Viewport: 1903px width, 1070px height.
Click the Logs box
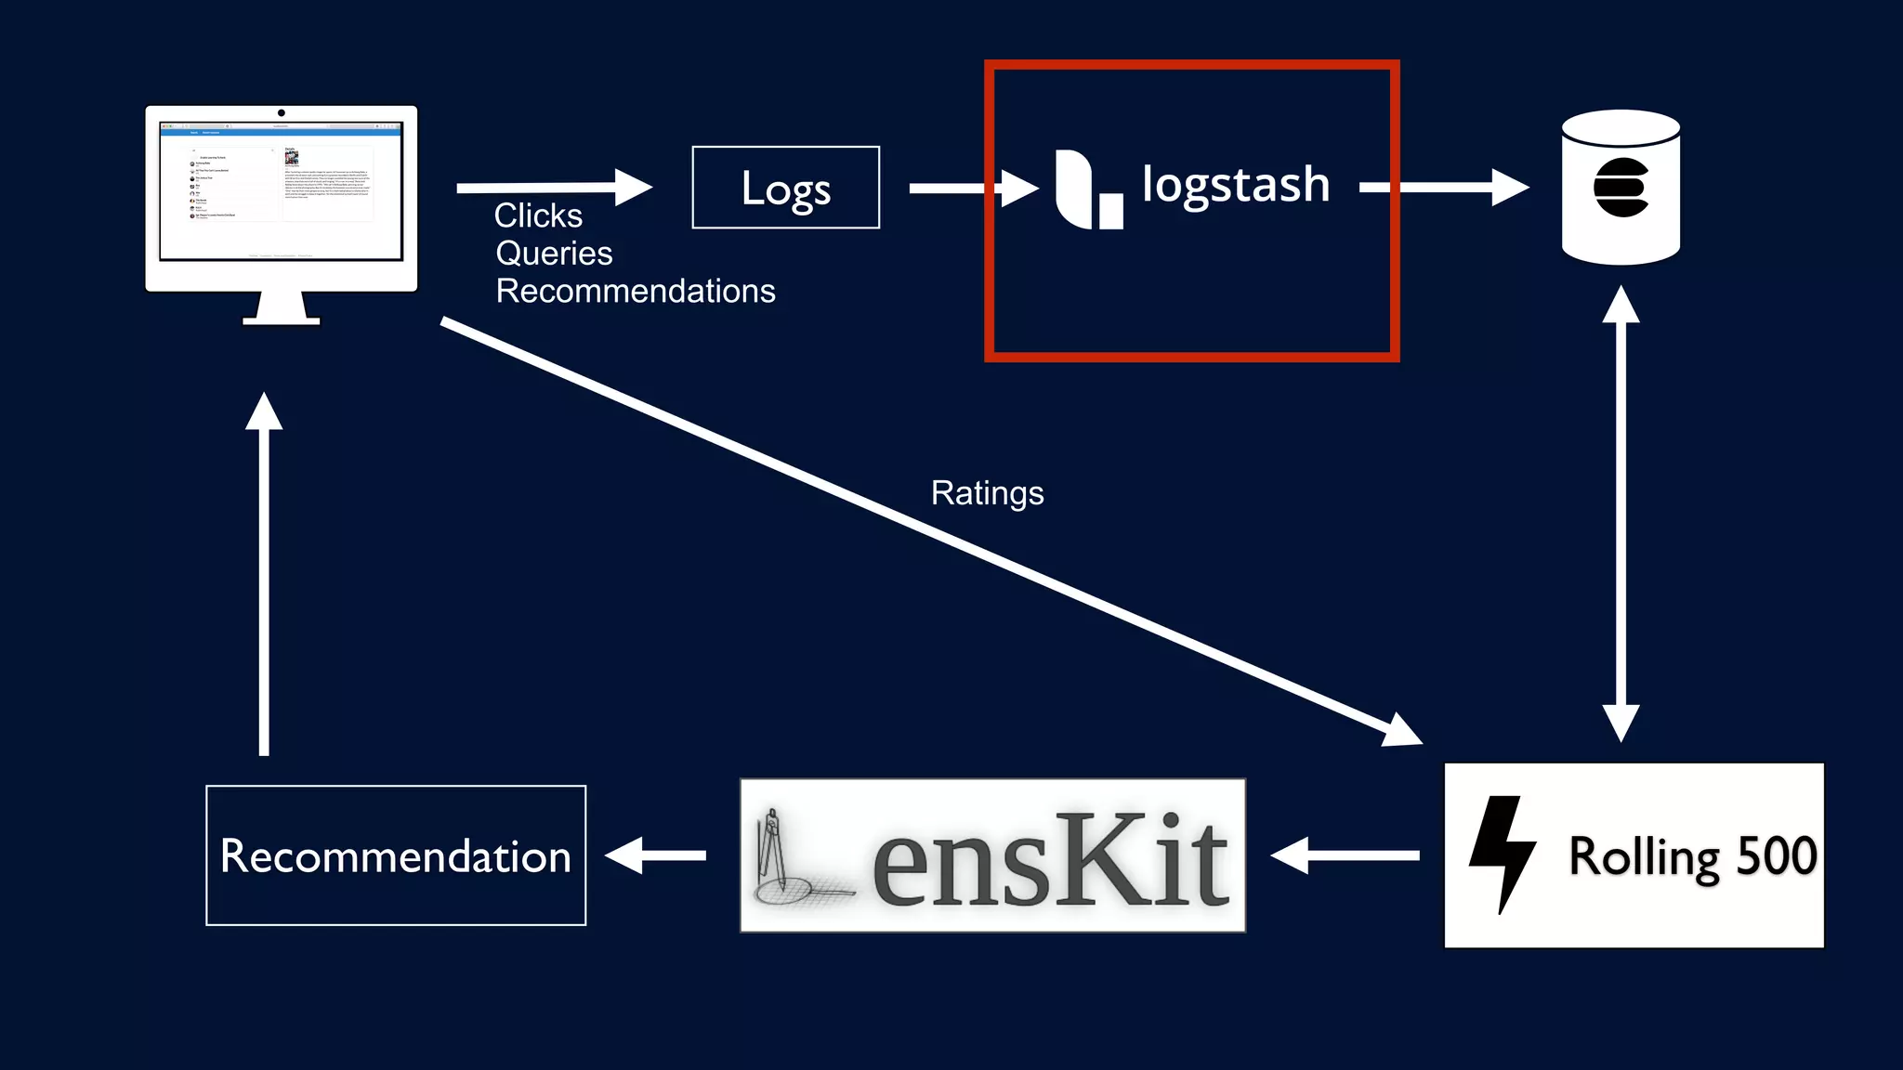point(785,188)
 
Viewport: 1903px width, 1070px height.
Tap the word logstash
point(1235,185)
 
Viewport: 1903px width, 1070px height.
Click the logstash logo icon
point(1088,189)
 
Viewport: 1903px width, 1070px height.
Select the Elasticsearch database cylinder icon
point(1621,188)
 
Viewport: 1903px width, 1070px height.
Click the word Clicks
point(538,215)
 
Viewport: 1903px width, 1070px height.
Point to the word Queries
point(554,254)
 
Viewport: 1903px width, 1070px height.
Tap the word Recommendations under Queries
point(636,292)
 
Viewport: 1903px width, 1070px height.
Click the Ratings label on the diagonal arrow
point(987,493)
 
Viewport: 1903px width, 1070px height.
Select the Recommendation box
point(396,855)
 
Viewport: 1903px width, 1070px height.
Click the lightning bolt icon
point(1501,853)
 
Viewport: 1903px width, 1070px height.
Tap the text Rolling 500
point(1692,856)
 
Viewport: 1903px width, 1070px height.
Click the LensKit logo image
point(992,855)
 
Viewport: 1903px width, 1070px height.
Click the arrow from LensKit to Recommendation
point(656,855)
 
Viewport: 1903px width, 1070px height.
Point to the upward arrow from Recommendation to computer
point(264,576)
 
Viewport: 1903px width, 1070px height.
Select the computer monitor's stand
point(282,308)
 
